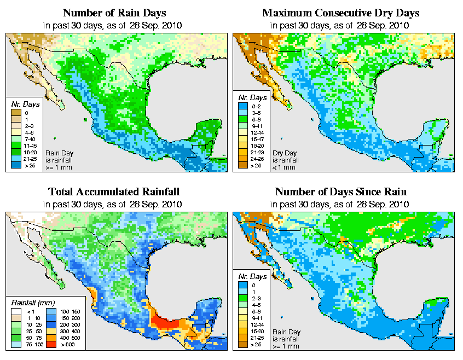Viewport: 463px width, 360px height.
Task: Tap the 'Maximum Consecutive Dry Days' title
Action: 341,12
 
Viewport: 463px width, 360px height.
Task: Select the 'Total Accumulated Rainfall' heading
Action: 114,191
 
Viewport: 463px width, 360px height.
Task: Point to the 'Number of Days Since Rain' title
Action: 341,191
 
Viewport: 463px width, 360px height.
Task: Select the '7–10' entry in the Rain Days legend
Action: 26,139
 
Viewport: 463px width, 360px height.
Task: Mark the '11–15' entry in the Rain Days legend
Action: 26,146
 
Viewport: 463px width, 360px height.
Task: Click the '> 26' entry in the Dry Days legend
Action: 253,165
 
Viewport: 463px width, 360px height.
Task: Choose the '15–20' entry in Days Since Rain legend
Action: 253,332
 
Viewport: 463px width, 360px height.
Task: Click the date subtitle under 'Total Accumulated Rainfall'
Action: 114,204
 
